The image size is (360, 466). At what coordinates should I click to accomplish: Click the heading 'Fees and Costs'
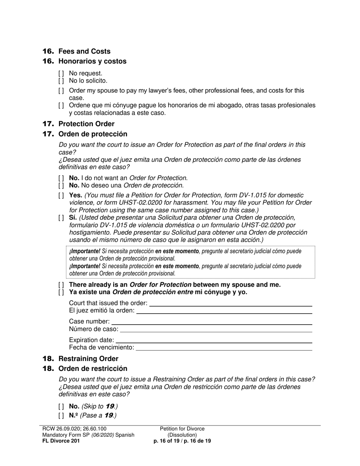pos(84,52)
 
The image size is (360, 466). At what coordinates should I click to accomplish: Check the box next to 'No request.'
pos(61,73)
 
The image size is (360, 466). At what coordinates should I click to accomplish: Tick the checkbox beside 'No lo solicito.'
pos(61,81)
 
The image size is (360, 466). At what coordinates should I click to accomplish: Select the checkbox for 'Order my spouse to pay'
pos(61,91)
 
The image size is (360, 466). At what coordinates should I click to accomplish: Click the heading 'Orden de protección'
pos(92,134)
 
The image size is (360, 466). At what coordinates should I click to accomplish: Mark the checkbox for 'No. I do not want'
pos(61,178)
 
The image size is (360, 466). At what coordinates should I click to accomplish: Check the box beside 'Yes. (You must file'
pos(61,195)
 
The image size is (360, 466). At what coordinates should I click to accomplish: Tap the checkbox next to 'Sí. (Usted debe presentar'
pos(61,218)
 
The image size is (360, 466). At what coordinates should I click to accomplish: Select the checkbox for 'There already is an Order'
pos(61,285)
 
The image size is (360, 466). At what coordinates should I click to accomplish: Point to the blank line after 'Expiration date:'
pos(214,341)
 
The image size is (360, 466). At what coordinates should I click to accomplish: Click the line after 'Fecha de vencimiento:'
pos(224,348)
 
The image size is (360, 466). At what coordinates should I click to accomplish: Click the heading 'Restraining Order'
pos(88,359)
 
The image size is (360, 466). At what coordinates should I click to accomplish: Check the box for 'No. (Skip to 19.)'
pos(61,407)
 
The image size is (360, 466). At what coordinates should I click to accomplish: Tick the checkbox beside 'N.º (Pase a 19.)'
pos(61,416)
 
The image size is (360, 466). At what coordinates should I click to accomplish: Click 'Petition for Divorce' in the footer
pos(182,429)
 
